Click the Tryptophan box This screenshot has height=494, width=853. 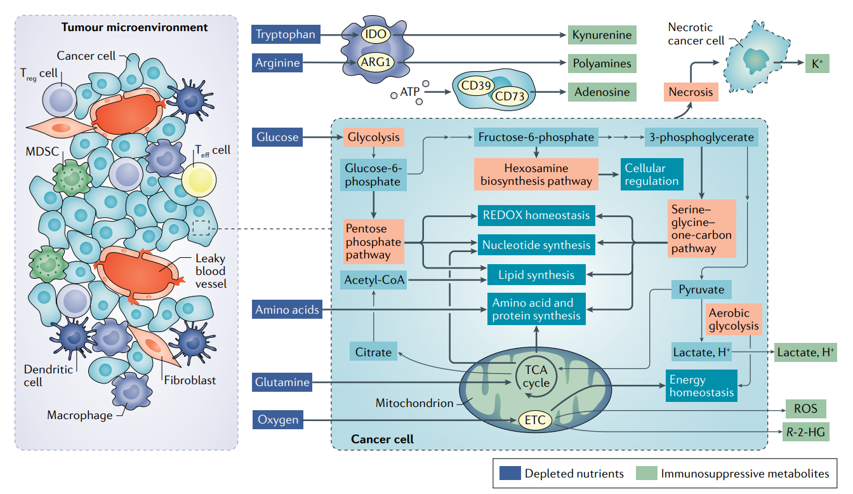point(286,34)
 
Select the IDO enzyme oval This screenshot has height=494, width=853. point(376,34)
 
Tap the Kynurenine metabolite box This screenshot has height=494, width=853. point(602,35)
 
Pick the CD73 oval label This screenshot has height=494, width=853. point(510,96)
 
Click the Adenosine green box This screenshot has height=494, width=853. point(602,92)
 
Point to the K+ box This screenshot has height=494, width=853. point(817,63)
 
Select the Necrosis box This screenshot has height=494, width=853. point(691,92)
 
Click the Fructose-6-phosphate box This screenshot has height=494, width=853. point(536,137)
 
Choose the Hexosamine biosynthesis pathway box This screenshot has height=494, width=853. point(536,175)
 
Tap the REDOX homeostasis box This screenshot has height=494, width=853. point(536,215)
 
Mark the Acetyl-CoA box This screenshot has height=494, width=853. point(374,280)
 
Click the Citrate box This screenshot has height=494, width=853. point(373,352)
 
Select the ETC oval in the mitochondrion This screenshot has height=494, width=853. point(535,420)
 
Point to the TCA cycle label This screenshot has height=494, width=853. point(536,377)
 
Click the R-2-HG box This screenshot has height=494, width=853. point(805,432)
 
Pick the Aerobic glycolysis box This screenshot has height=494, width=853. point(734,319)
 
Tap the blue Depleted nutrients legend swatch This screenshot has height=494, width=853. point(510,473)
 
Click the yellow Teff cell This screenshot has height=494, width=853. point(199,180)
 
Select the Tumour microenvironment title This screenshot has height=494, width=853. point(135,27)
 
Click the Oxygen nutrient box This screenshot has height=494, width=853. point(277,420)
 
